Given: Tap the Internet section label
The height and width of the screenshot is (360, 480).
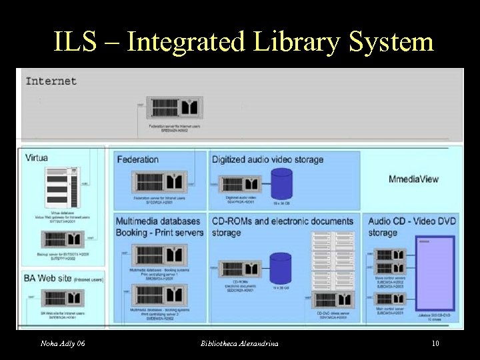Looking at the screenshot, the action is coord(51,81).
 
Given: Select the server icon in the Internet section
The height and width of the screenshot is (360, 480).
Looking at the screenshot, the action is coord(175,107).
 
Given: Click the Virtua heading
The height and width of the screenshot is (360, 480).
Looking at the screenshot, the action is coord(37,158).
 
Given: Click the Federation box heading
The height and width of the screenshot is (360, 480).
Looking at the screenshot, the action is coord(137,159).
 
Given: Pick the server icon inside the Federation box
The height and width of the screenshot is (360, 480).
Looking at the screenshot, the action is coord(158,182).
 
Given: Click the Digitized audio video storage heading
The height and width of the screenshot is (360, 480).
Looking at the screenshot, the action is coord(267,159).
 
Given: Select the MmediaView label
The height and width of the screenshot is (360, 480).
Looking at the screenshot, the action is coord(413,178).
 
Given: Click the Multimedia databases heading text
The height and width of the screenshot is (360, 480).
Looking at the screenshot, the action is coord(158,221).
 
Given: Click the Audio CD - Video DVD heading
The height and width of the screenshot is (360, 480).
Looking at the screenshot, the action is coord(411,221).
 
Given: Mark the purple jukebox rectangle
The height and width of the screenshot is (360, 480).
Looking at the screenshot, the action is coord(435,273).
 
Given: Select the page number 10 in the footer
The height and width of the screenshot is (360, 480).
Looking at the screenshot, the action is coord(435,343).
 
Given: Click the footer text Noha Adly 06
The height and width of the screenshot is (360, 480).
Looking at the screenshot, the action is coord(62,343).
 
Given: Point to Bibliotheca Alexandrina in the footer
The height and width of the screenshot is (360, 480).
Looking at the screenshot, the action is coord(239,343).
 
